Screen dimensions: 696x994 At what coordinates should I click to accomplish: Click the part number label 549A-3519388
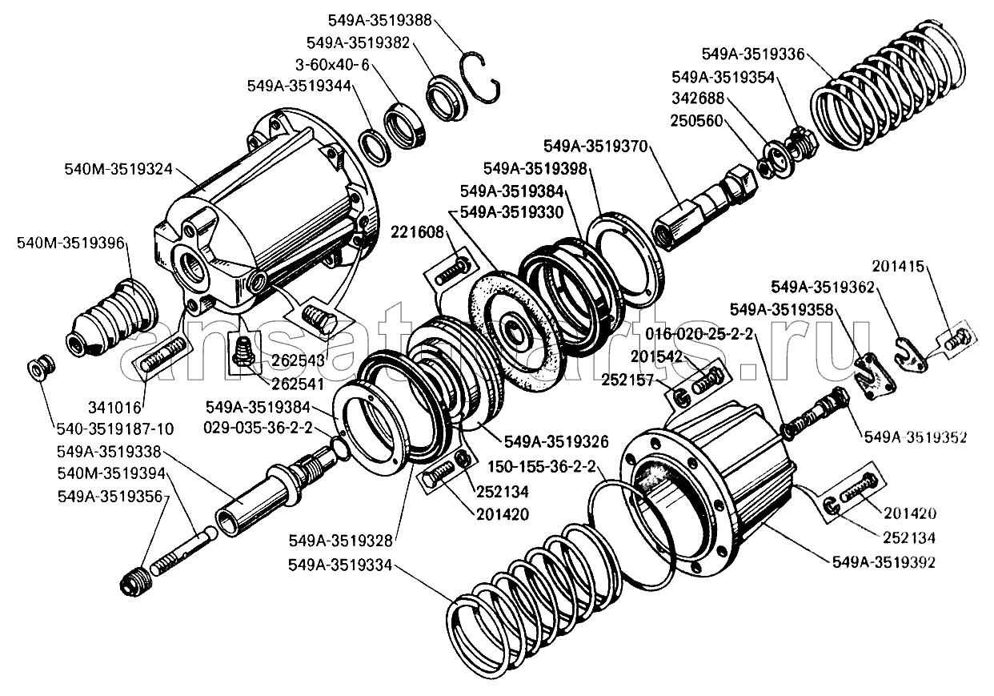(x=379, y=18)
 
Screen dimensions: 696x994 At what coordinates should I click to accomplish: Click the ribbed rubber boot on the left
(x=110, y=318)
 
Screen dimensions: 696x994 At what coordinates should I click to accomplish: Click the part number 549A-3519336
(x=752, y=54)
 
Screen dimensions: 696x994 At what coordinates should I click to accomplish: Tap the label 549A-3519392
(x=884, y=562)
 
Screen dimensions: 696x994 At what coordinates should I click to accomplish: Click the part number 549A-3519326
(x=556, y=441)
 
